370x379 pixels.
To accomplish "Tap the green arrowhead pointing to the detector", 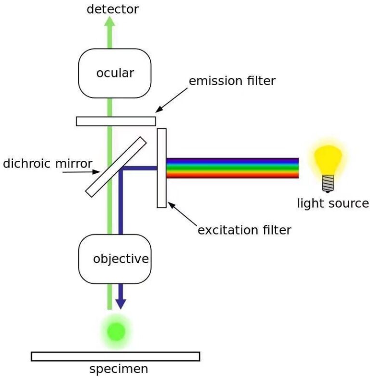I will [110, 22].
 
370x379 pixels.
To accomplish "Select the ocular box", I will [115, 73].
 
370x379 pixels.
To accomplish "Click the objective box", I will [115, 259].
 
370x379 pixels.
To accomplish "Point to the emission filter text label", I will [232, 81].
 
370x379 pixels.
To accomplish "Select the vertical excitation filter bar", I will [161, 168].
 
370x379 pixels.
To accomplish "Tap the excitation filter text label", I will [245, 230].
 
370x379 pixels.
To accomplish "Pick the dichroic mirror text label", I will [47, 163].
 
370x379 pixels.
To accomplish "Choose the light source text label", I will [333, 203].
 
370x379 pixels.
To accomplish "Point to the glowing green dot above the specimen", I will [116, 331].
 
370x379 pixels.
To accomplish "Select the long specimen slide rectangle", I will [115, 356].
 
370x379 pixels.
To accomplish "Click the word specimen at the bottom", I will [119, 370].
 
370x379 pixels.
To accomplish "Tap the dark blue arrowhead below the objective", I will [120, 303].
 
